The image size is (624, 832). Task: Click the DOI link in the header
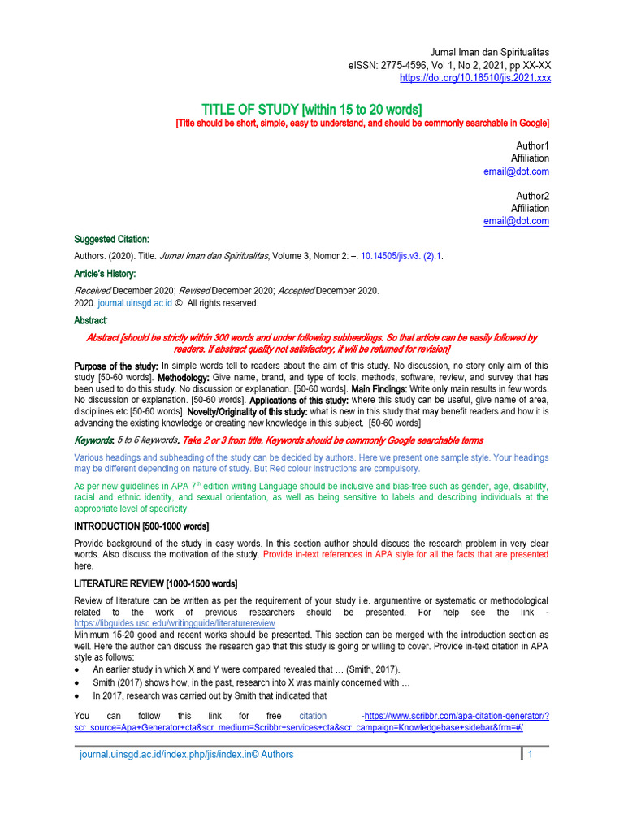(x=475, y=78)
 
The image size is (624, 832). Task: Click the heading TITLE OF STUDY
(x=311, y=109)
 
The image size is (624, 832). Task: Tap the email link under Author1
(x=516, y=171)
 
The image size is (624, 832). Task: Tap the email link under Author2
(x=516, y=221)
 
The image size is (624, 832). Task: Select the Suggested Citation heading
(x=111, y=240)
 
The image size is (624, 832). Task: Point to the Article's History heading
(x=105, y=274)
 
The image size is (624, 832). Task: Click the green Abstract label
(x=90, y=320)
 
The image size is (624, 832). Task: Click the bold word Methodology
(x=183, y=378)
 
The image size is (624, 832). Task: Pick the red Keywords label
(x=93, y=440)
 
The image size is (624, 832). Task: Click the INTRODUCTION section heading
(x=141, y=526)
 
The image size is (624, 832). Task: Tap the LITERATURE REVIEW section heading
(x=155, y=583)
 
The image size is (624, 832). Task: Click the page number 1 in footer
(x=531, y=755)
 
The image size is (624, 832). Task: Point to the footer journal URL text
(x=186, y=755)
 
